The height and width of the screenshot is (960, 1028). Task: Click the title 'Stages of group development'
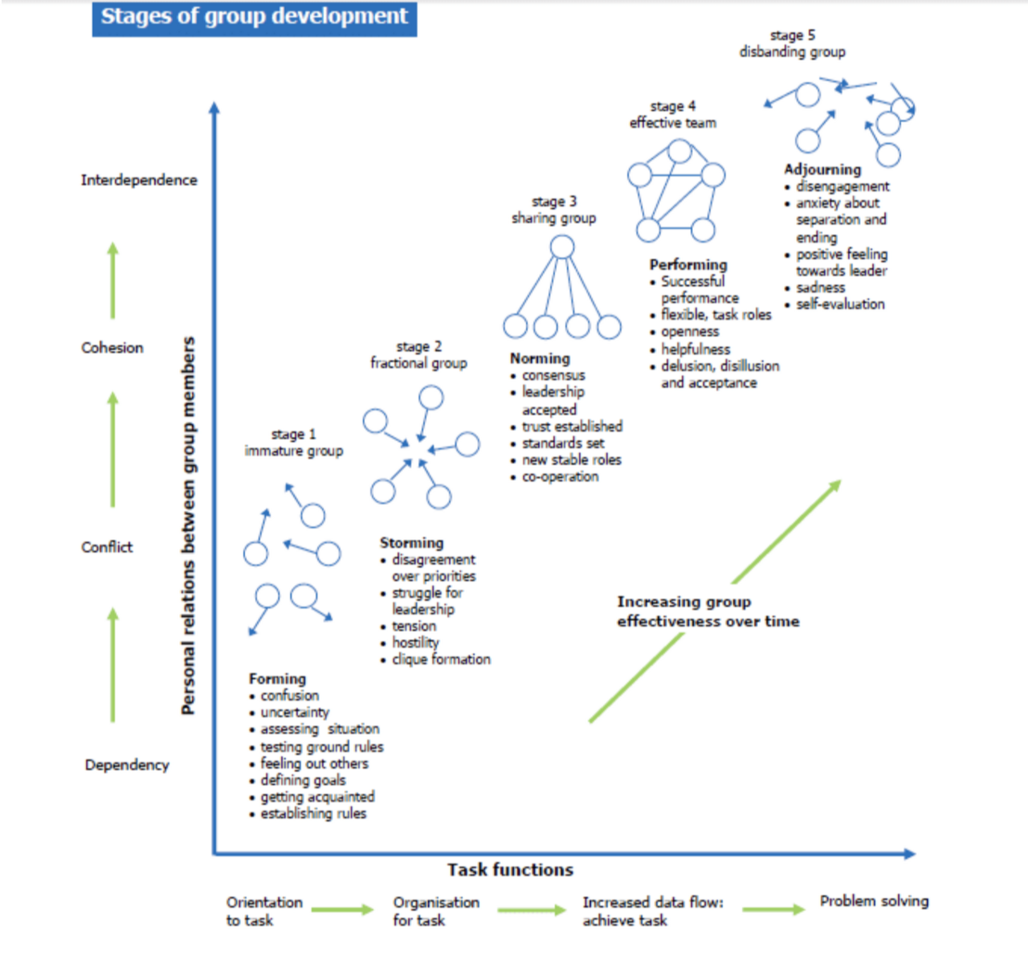click(254, 17)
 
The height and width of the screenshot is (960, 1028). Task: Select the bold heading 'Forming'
click(277, 679)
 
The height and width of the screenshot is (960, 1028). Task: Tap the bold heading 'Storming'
click(411, 542)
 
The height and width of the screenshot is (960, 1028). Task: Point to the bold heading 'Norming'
click(540, 358)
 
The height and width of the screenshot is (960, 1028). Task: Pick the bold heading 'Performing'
click(688, 264)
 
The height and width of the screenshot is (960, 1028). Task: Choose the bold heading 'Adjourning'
click(822, 170)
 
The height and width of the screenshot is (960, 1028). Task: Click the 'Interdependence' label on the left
click(139, 180)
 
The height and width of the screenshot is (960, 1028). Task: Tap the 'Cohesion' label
click(112, 347)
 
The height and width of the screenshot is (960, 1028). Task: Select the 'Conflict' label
click(107, 547)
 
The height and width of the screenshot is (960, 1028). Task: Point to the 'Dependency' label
click(127, 766)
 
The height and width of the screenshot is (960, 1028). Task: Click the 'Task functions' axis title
click(510, 870)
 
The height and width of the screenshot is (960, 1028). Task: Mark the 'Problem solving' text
click(875, 901)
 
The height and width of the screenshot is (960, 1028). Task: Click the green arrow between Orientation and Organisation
click(342, 909)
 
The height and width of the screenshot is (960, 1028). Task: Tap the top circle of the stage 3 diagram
click(562, 247)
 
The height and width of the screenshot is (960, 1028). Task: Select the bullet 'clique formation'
click(441, 660)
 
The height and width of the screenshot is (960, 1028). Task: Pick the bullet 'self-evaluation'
click(840, 304)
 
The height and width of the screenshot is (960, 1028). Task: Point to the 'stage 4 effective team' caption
click(673, 114)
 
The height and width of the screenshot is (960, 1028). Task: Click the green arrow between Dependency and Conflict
click(113, 665)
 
